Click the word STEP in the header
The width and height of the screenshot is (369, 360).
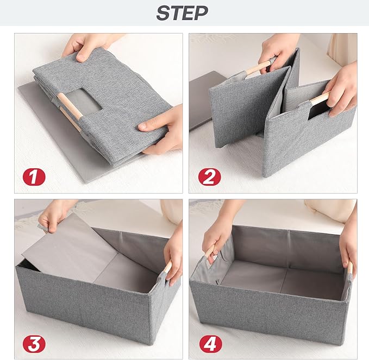pos(182,13)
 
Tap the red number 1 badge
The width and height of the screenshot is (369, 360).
pos(34,177)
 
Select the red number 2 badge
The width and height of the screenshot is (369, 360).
pos(209,177)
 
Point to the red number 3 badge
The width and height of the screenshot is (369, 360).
pos(34,344)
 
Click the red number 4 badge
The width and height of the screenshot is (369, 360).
pos(210,344)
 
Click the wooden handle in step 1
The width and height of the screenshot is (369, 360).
pos(70,106)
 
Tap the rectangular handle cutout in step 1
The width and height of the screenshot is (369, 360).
pos(83,100)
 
